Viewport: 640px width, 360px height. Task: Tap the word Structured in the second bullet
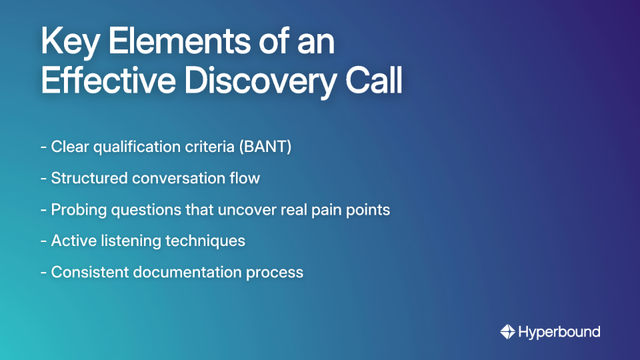pos(89,178)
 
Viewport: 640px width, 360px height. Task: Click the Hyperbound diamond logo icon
pos(507,331)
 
